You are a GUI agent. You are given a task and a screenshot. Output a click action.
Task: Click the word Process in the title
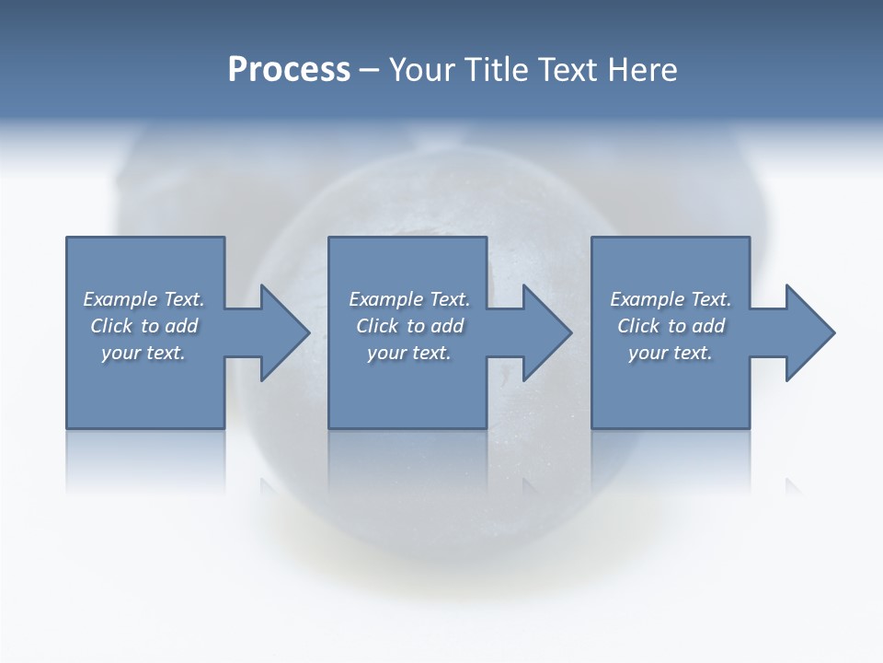pos(289,70)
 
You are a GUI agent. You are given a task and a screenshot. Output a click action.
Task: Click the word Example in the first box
pos(120,299)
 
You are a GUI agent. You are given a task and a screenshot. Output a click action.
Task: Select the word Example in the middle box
pos(385,299)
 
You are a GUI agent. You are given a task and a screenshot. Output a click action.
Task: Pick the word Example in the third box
pos(647,299)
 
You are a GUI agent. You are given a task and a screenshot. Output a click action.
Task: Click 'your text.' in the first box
pos(143,353)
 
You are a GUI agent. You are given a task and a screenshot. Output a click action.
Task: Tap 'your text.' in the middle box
pos(409,353)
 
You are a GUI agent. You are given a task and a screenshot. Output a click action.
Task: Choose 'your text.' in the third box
pos(671,353)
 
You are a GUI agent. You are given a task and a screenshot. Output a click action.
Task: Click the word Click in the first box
pos(110,326)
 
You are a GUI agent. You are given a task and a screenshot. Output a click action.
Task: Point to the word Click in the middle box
pos(376,326)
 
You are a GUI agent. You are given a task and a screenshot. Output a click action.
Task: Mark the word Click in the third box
pos(638,326)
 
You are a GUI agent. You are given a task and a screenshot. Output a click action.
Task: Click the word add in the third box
pos(708,326)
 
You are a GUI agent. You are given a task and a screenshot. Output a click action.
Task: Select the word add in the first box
pos(181,326)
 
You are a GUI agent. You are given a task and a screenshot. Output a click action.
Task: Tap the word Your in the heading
pos(419,70)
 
